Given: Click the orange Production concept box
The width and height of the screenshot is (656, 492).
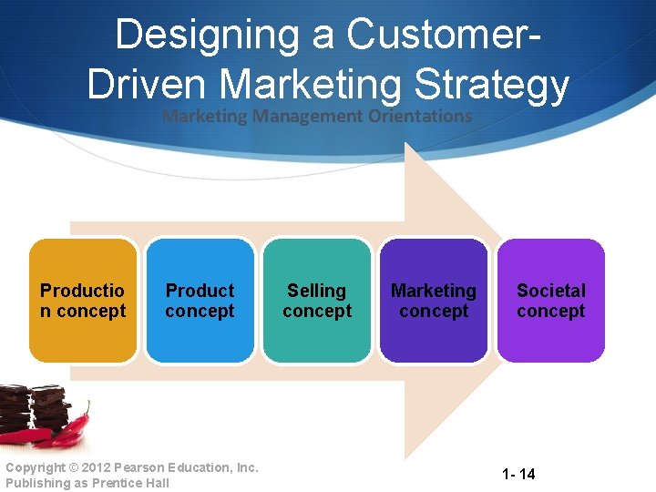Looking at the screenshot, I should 83,301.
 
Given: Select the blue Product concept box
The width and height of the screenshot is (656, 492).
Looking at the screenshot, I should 200,301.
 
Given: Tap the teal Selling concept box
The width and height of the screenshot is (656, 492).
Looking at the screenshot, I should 316,301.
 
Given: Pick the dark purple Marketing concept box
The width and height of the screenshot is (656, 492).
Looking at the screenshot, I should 433,301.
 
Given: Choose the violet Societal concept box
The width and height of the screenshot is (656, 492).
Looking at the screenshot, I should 550,301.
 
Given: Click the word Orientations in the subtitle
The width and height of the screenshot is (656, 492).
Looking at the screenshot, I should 420,116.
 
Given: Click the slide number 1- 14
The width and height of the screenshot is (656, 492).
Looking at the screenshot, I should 518,474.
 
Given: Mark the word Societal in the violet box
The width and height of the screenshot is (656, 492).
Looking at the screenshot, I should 550,291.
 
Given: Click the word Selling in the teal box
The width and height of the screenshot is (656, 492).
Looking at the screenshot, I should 316,291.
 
